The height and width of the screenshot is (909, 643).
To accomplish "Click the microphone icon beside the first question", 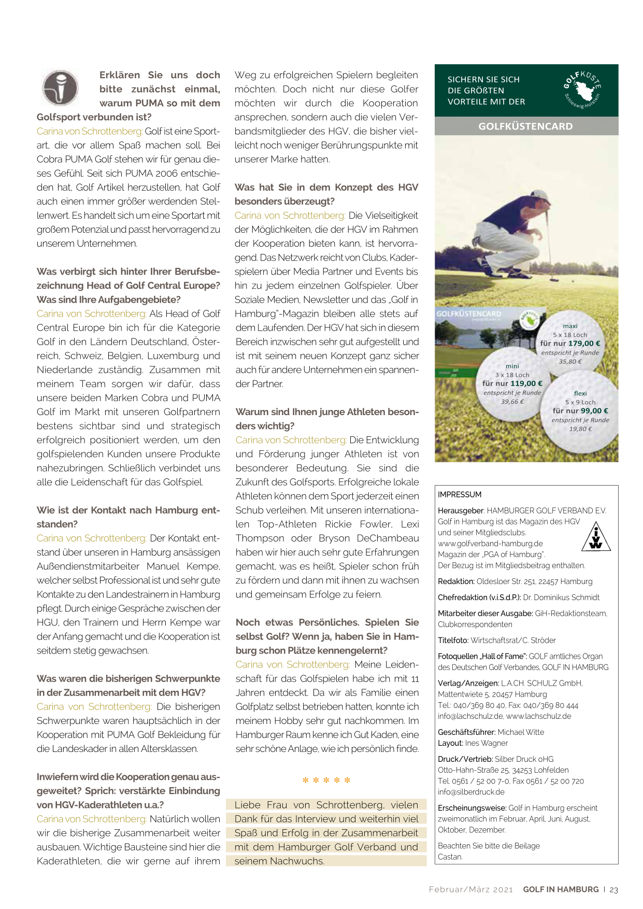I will pos(60,88).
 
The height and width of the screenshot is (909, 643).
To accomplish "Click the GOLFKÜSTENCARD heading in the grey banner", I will pos(525,126).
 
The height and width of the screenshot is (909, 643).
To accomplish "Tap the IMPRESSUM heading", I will pos(460,494).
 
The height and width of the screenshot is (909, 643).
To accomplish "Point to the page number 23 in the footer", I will pos(613,889).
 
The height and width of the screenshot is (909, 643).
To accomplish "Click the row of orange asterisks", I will pos(326,780).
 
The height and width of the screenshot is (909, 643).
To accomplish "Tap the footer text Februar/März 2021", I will pos(470,889).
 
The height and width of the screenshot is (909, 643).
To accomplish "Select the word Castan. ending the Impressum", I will pos(450,857).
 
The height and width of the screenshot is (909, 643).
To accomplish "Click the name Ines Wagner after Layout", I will pos(487,743).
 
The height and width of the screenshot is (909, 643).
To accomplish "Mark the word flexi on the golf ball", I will pos(580,393).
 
